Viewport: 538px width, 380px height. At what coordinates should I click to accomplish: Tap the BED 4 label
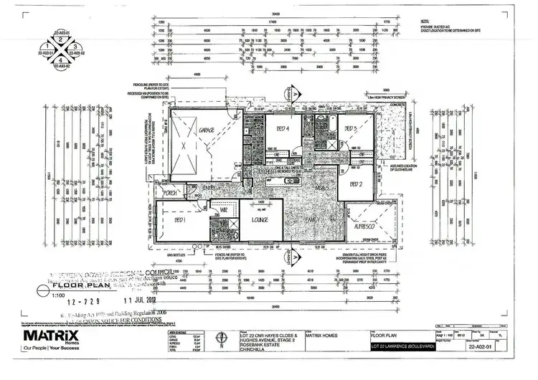pyautogui.click(x=282, y=130)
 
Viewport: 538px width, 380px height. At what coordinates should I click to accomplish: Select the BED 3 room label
pyautogui.click(x=350, y=128)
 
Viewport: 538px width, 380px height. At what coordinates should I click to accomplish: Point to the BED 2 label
pyautogui.click(x=357, y=184)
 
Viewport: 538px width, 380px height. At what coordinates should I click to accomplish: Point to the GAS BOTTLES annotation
pyautogui.click(x=176, y=253)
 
